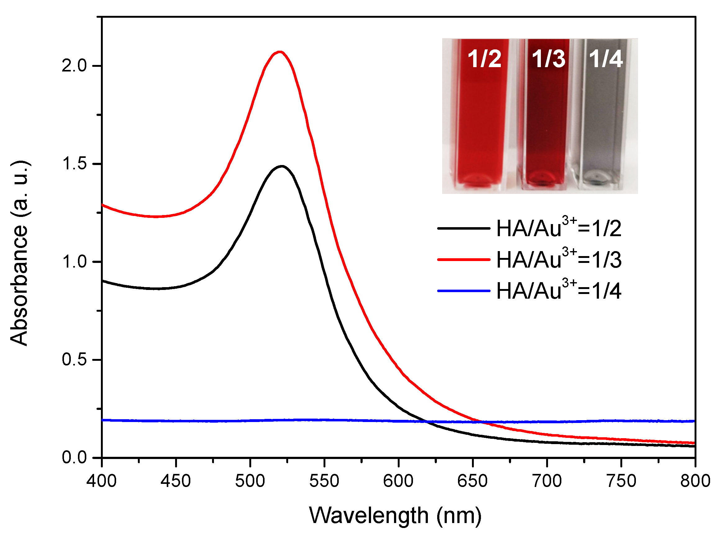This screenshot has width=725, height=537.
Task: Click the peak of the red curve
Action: click(x=280, y=52)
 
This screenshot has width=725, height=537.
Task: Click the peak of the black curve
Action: click(x=282, y=167)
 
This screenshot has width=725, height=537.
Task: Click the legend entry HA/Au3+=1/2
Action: click(x=559, y=228)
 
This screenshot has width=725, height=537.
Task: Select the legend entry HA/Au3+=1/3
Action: click(x=559, y=260)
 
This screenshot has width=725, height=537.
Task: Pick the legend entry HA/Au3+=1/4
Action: click(x=559, y=291)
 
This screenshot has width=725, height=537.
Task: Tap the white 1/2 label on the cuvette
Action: click(x=484, y=59)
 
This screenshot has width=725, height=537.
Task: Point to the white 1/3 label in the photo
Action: click(x=548, y=59)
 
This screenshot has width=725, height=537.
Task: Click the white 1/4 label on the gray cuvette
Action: click(x=606, y=59)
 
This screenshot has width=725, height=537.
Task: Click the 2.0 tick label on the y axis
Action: click(x=75, y=66)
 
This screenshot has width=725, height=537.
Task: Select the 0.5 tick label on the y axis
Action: click(x=75, y=360)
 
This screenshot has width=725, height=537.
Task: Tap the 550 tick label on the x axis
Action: click(x=324, y=481)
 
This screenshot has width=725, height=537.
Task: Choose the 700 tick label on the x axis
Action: click(x=547, y=481)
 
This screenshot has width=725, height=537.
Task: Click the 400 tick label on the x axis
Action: click(x=101, y=481)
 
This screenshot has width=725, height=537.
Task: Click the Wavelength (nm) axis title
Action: click(x=395, y=516)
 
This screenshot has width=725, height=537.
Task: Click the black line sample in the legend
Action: click(x=464, y=228)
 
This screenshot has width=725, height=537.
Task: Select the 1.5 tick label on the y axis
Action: click(x=75, y=164)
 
